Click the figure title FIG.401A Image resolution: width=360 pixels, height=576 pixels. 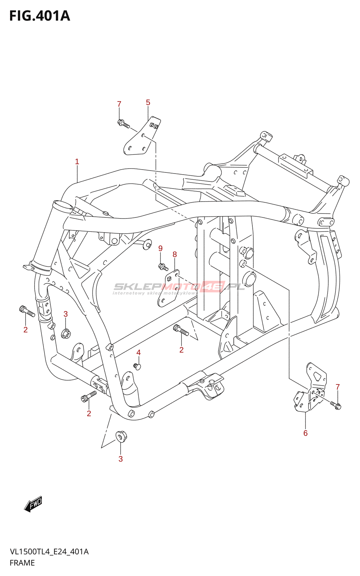[40, 16]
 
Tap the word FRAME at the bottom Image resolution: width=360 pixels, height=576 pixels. [22, 563]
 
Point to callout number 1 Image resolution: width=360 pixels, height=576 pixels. [77, 162]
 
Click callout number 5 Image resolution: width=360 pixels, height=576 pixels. [148, 102]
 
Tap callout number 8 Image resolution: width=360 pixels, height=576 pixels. [175, 255]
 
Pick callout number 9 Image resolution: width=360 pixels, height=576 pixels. [161, 248]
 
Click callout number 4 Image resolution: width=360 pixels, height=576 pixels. [138, 352]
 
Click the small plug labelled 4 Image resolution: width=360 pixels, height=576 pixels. [137, 366]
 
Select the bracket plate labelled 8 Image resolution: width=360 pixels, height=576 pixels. [168, 288]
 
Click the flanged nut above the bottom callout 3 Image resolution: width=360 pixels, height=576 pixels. [121, 437]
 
